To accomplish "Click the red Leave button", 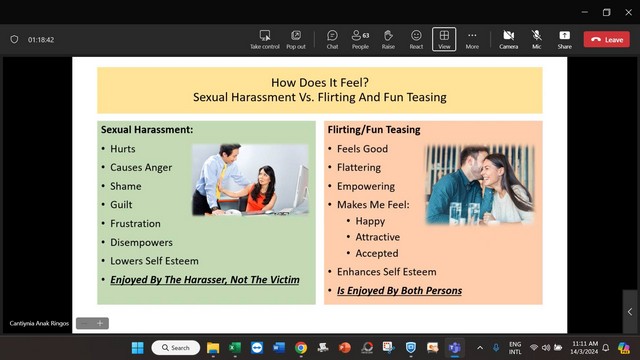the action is [x=606, y=40].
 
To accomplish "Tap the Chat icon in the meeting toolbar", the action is [x=332, y=40].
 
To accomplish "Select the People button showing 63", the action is [x=360, y=40].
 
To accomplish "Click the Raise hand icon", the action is [x=388, y=40].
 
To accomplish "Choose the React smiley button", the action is [x=416, y=40].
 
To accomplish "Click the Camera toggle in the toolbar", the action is [x=509, y=40].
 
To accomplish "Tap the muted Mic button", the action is [x=537, y=40].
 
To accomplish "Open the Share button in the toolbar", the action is [x=564, y=40].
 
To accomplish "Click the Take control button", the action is [x=265, y=40].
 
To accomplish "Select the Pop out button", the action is [x=296, y=40].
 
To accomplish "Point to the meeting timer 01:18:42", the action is [x=41, y=40].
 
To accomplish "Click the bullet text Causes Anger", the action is [x=141, y=168].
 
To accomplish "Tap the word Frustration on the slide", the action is [x=135, y=224].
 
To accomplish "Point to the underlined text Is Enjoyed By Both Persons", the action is [x=399, y=291].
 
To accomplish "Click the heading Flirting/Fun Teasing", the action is [x=374, y=130].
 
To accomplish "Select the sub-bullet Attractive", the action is [x=378, y=237].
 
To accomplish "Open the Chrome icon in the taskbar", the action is [x=301, y=347].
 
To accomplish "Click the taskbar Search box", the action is [x=176, y=348].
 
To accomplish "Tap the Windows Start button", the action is [x=138, y=348].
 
